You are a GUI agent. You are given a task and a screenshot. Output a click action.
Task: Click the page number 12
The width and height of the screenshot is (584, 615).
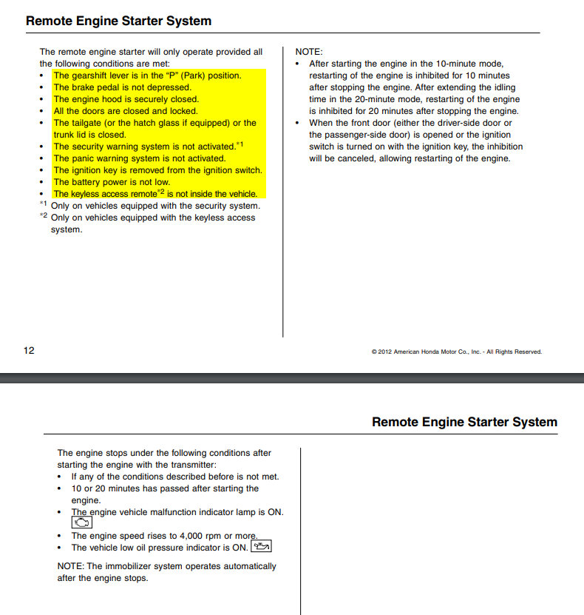[x=29, y=350]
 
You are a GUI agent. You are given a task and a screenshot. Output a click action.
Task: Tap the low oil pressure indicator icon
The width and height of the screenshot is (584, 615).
[x=262, y=547]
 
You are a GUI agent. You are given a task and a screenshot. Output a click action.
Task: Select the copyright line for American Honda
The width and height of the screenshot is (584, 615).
[x=456, y=352]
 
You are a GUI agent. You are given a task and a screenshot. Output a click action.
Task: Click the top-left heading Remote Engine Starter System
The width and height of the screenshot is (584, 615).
[x=118, y=21]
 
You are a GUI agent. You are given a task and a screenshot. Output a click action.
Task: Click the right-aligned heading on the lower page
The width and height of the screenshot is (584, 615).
[x=464, y=422]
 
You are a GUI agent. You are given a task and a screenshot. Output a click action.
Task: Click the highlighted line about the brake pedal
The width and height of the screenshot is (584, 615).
[x=122, y=87]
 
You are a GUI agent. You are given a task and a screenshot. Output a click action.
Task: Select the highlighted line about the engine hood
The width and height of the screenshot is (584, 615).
[x=126, y=99]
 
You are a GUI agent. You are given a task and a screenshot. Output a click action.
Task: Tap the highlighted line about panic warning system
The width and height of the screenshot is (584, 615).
[x=139, y=158]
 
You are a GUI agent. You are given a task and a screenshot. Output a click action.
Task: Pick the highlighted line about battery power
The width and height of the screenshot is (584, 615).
[x=112, y=182]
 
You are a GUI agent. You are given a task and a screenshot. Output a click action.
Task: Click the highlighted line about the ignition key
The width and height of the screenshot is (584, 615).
[x=157, y=170]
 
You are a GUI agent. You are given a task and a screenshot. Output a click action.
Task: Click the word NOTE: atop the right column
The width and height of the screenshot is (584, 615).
[x=309, y=52]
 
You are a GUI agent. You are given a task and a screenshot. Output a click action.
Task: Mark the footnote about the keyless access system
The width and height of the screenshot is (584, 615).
[x=152, y=218]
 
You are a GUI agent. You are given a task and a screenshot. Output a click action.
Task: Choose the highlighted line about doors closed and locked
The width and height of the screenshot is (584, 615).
[x=126, y=111]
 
